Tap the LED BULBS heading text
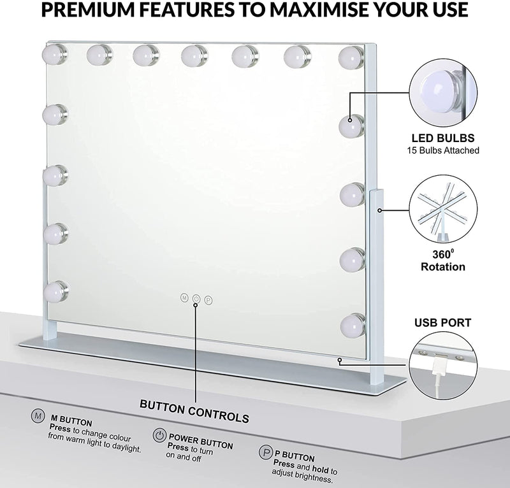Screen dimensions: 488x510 pos(442,138)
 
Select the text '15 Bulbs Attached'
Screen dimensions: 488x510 pos(442,150)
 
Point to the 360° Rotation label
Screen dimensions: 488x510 pos(442,261)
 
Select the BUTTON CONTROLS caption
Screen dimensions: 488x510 pos(194,418)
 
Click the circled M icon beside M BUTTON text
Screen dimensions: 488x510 pos(37,415)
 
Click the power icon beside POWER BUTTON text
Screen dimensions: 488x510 pos(159,436)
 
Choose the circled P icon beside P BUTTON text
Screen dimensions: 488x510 pos(264,453)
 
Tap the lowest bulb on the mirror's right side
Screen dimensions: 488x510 pos(351,325)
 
